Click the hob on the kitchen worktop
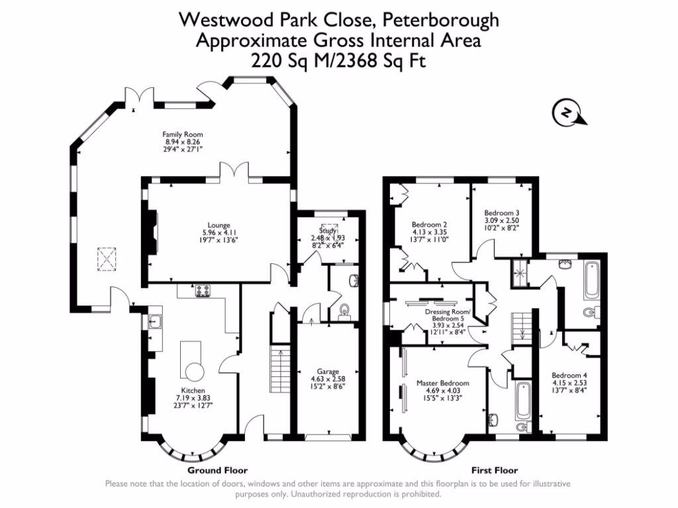pos(202,290)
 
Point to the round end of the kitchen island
pos(195,372)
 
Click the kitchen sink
pos(155,322)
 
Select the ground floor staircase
pos(279,371)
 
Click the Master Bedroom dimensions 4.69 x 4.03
pos(443,390)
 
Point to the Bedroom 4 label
pos(569,375)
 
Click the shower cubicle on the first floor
pos(519,271)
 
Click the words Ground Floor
pos(217,470)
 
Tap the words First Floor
pos(494,470)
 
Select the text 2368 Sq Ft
pos(380,62)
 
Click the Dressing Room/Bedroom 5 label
pos(448,315)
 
